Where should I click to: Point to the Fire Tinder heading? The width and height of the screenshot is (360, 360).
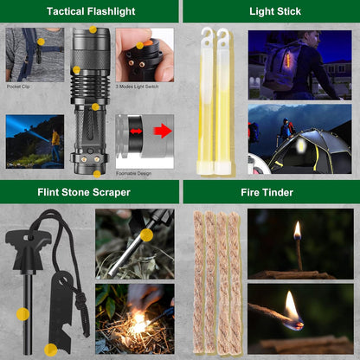click(x=270, y=192)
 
